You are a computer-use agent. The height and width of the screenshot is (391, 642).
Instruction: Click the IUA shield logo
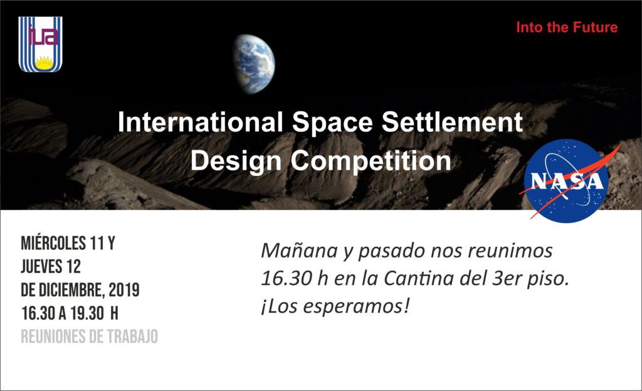pos(40,44)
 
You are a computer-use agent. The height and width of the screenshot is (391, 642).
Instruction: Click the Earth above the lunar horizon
pos(254,64)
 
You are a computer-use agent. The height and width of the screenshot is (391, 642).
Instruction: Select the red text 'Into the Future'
pos(567,28)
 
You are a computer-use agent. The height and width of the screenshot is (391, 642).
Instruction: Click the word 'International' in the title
pos(200,122)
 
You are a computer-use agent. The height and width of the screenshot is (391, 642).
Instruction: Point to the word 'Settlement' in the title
pos(452,122)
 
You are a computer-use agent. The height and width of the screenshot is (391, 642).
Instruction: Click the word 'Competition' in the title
pos(371,161)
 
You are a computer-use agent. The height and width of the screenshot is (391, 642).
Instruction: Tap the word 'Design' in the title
pos(236,161)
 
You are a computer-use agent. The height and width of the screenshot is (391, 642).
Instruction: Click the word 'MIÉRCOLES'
pos(53,243)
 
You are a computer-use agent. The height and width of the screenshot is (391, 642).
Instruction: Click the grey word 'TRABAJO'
pos(132,337)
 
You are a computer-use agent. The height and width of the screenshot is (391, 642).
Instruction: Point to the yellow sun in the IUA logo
pos(44,63)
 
